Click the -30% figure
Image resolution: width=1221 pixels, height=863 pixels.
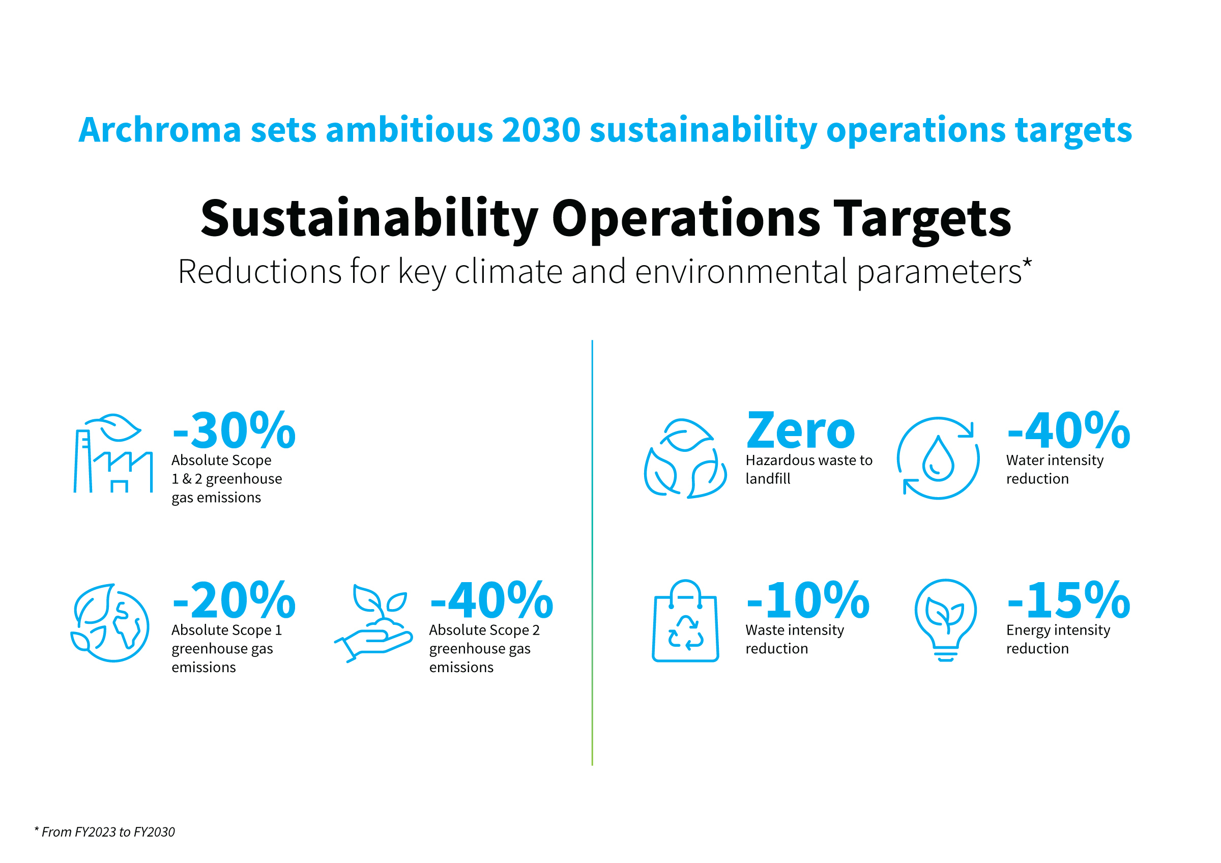(x=235, y=430)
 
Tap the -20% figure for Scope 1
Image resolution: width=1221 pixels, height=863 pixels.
(x=235, y=600)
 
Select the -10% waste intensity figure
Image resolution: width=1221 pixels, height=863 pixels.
(x=808, y=600)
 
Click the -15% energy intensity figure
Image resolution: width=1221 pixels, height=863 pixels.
(x=1069, y=600)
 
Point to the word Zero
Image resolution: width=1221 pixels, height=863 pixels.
(x=801, y=430)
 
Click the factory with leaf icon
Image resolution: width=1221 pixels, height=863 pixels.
(x=113, y=453)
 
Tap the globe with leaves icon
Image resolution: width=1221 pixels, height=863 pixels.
(x=110, y=623)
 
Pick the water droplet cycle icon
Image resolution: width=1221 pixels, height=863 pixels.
(x=938, y=458)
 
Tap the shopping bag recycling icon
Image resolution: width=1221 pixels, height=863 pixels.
(x=685, y=620)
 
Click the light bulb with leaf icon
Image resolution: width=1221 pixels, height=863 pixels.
(x=946, y=620)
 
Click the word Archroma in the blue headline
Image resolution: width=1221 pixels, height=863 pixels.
(x=160, y=130)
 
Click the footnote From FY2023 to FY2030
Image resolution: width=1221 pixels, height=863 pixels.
(x=104, y=832)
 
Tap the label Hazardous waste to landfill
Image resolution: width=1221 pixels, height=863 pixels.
(x=809, y=470)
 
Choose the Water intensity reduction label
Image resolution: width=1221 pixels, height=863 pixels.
(x=1055, y=470)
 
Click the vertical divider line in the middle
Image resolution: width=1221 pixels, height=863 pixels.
(x=592, y=553)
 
